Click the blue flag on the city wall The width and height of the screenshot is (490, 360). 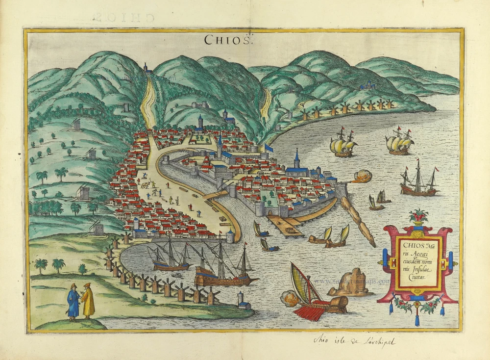point(269,148)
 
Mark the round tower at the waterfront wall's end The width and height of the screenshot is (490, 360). point(230,236)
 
